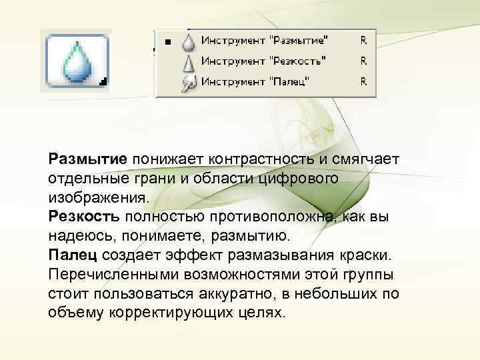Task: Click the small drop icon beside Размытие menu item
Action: coord(190,41)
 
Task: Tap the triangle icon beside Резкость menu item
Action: coord(190,62)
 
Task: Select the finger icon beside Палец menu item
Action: coord(190,83)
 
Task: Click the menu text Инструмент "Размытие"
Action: coord(265,41)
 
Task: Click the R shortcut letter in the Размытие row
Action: coord(363,41)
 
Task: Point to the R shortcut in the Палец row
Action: coord(363,82)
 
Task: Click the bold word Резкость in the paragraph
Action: coord(84,217)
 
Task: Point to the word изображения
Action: coord(96,198)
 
